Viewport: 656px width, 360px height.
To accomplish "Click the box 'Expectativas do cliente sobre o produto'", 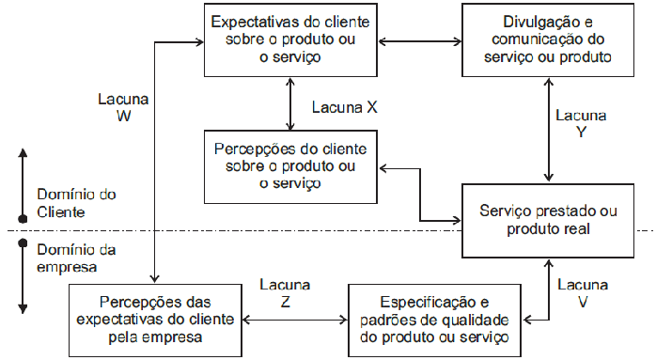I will click(x=290, y=39).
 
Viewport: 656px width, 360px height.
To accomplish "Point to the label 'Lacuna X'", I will click(x=343, y=107).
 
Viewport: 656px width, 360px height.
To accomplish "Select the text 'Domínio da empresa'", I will click(x=76, y=257).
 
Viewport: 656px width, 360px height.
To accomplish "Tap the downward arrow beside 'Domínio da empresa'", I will click(x=22, y=277).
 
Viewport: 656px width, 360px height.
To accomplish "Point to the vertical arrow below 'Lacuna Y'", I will click(x=548, y=131).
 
